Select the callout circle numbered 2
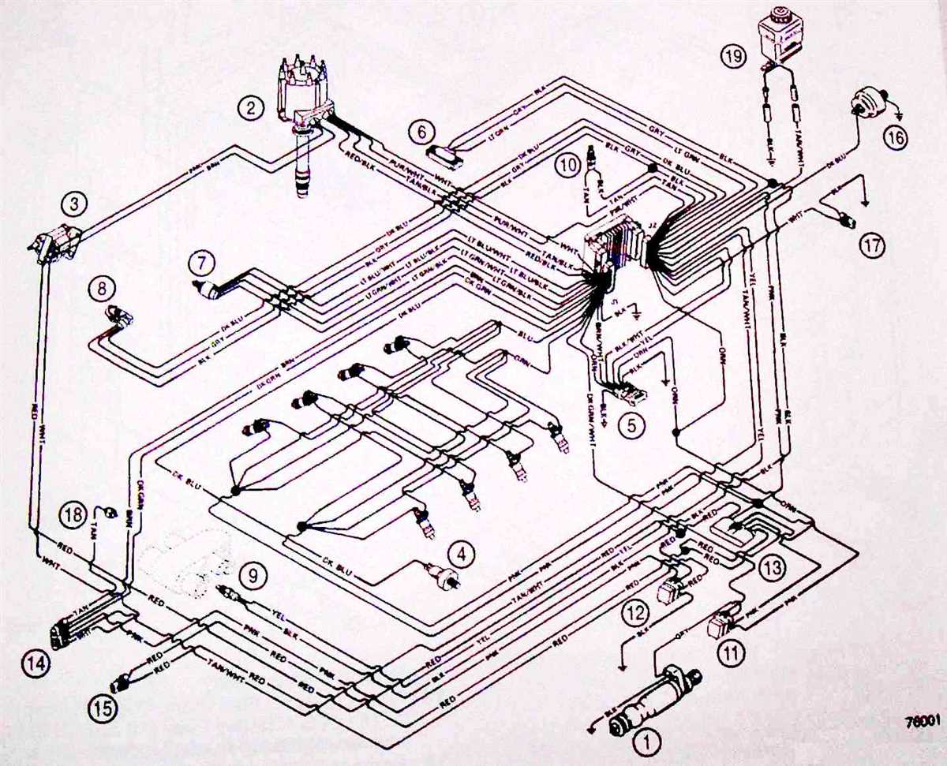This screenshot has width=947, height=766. click(251, 108)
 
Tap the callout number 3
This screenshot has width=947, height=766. click(74, 205)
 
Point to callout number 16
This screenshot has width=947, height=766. click(895, 139)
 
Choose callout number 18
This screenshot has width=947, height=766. click(72, 517)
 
